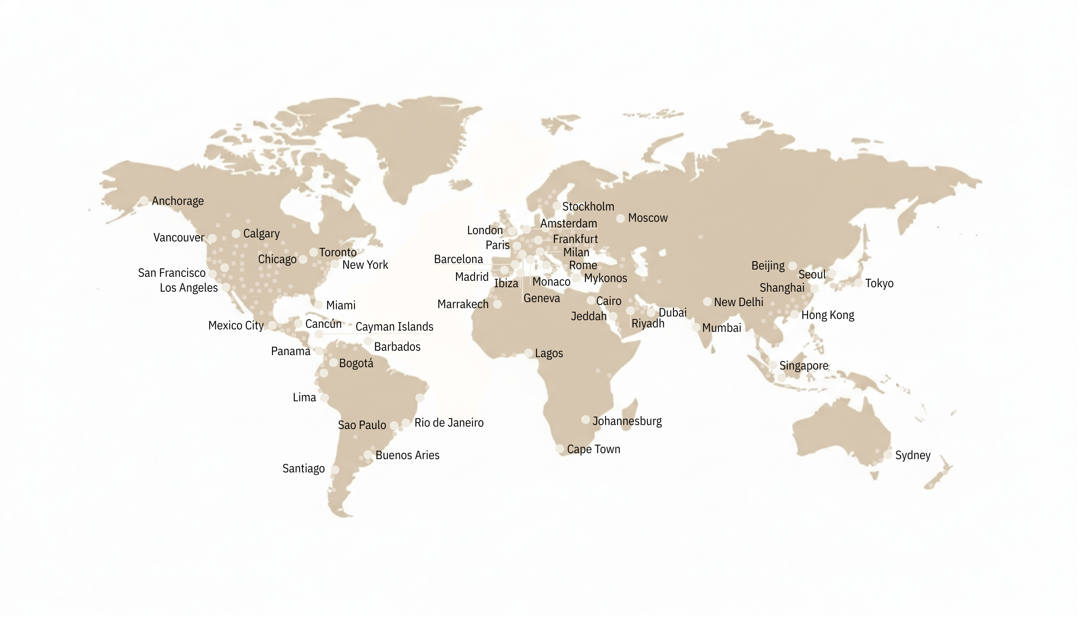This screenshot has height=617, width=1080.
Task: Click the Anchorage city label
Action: pos(178,201)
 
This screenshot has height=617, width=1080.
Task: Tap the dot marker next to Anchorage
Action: pos(144,200)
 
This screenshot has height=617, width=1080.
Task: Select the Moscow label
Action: pos(648,218)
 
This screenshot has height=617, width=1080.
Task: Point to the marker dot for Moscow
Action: pos(620,219)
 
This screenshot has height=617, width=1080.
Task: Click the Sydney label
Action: pos(912,456)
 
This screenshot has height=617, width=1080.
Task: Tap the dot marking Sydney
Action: pos(888,455)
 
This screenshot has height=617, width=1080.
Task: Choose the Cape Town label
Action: pos(593,449)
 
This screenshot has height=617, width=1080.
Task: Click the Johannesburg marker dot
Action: pos(585,420)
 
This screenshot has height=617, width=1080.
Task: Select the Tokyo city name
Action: pos(879,284)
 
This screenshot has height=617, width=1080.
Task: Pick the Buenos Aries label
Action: pos(407,456)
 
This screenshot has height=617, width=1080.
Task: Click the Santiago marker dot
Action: pos(335,470)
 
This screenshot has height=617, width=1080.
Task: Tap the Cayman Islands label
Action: pos(394,327)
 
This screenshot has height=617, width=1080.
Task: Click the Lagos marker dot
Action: pos(529,353)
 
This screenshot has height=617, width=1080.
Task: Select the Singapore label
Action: pos(804,366)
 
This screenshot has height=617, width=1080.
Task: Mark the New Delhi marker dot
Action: pos(707,302)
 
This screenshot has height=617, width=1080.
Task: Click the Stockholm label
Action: pos(588,207)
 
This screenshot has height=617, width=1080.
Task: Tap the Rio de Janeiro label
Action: pos(449,423)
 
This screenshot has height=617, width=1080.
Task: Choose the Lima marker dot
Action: pos(324,398)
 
